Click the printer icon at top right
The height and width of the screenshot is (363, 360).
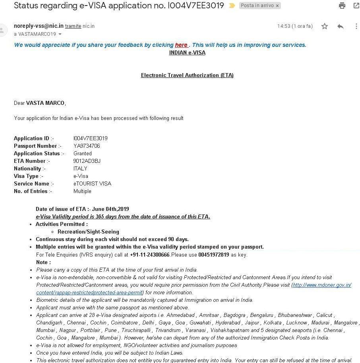[342, 6]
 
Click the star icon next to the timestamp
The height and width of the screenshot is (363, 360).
[325, 26]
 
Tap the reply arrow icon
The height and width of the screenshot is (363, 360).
[341, 26]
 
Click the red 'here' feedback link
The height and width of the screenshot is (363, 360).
[181, 45]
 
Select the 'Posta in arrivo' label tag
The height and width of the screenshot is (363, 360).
[257, 6]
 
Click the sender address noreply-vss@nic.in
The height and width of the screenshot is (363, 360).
[39, 26]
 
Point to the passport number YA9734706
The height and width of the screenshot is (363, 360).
[87, 146]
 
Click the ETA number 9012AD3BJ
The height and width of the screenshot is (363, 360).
[87, 161]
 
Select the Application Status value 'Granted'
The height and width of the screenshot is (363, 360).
[82, 153]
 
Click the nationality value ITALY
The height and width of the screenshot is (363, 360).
[80, 168]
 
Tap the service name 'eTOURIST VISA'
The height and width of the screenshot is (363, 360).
[92, 183]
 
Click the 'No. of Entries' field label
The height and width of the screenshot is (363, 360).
[33, 191]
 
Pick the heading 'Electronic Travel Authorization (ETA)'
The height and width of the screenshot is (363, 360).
[187, 75]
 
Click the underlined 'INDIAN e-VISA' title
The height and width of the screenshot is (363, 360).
[187, 52]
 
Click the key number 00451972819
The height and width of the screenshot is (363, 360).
[213, 255]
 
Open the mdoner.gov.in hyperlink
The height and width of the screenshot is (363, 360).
[322, 285]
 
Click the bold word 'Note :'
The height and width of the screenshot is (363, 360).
[43, 262]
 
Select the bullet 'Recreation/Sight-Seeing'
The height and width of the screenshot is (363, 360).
[88, 232]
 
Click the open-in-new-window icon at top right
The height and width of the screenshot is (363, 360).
[356, 6]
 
